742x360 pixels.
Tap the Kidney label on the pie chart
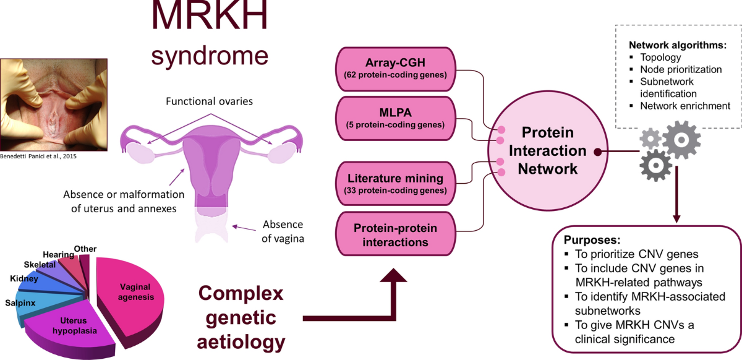coord(24,279)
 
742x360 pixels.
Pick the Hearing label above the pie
coord(59,254)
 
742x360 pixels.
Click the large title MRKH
coord(210,18)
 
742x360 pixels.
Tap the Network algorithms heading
coord(677,45)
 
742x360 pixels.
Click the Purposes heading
coord(591,239)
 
